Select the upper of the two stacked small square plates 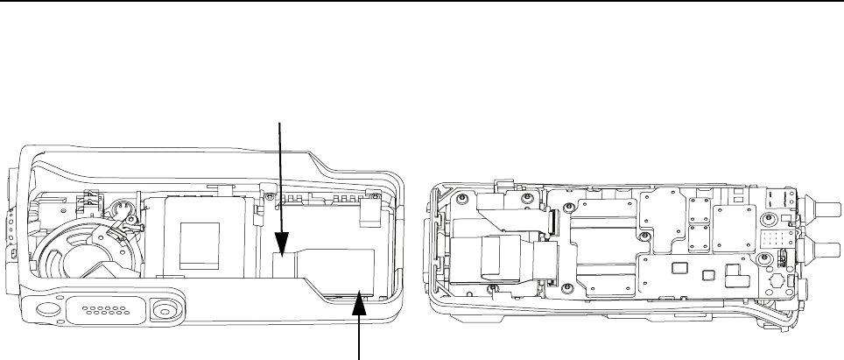698,209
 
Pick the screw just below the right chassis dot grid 762,260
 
